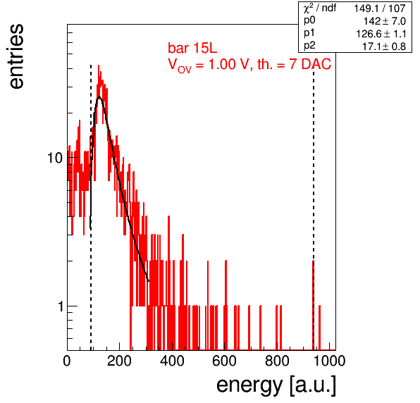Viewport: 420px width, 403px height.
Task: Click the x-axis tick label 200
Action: (119, 361)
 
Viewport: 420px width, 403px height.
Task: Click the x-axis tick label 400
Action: (172, 361)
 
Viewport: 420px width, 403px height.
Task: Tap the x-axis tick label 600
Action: (225, 361)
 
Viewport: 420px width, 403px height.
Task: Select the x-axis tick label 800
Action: (277, 361)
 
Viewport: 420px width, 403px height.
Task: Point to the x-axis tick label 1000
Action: (329, 361)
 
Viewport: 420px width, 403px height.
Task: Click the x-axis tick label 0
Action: (67, 361)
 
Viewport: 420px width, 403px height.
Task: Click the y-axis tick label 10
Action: (55, 158)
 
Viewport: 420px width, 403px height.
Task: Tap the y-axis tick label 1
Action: (61, 306)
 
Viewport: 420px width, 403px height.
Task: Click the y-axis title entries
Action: (17, 56)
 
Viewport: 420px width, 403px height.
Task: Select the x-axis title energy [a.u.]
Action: (276, 386)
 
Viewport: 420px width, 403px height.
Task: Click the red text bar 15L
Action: (192, 48)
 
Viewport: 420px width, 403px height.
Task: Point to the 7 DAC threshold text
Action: (310, 64)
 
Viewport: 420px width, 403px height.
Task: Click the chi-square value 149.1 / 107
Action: (380, 8)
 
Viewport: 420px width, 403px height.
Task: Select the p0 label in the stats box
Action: (309, 21)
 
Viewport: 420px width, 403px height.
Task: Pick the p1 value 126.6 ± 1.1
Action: (381, 34)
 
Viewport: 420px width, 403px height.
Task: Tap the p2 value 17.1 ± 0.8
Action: (384, 46)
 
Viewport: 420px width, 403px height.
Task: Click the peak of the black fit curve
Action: (99, 97)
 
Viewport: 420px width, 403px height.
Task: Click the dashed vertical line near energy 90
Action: (91, 207)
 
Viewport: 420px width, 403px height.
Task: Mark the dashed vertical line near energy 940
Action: (314, 207)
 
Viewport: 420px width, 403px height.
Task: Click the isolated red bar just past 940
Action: (319, 328)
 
